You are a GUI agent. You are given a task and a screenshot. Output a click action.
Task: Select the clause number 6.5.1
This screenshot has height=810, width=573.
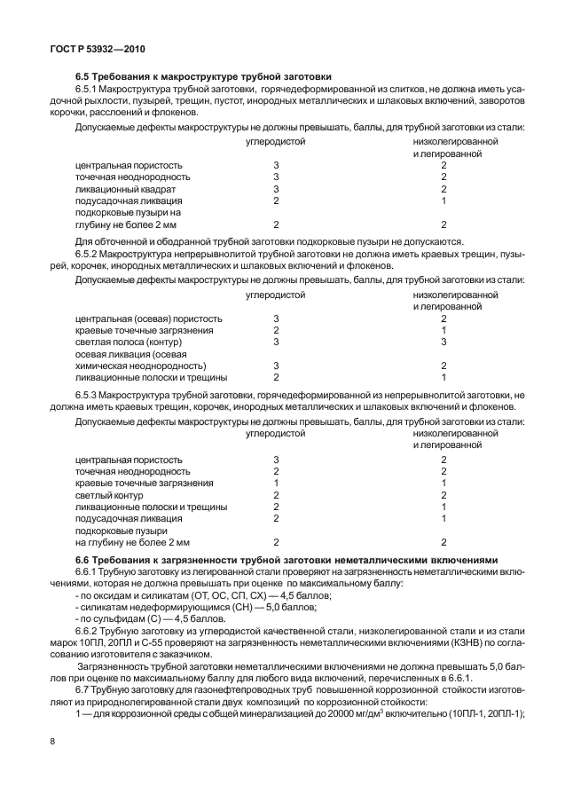tap(90, 90)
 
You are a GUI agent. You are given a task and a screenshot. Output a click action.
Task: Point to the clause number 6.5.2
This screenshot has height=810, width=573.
tap(90, 254)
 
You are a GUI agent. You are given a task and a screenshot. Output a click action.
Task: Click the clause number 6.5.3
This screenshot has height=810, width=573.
tap(90, 394)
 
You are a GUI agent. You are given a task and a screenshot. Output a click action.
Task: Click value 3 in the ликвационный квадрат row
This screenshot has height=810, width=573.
tap(276, 189)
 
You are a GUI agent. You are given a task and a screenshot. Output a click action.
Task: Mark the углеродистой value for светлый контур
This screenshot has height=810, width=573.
tap(276, 494)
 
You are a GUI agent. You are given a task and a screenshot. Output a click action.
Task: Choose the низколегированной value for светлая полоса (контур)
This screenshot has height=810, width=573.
tap(443, 342)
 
